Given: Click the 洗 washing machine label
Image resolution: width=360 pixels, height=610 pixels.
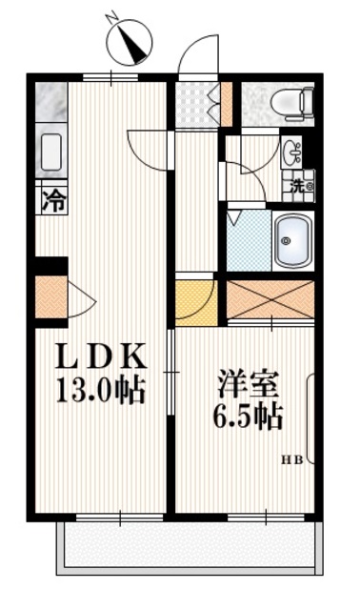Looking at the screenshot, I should (298, 186).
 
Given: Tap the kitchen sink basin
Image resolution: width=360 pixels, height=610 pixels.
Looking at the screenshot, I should (50, 151).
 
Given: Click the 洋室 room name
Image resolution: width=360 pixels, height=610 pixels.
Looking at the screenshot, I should (247, 385).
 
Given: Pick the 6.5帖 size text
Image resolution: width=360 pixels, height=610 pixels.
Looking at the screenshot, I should (247, 417).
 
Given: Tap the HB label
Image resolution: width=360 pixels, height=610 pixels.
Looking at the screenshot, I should (290, 461).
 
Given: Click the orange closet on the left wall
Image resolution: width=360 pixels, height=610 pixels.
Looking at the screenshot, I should (50, 297).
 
